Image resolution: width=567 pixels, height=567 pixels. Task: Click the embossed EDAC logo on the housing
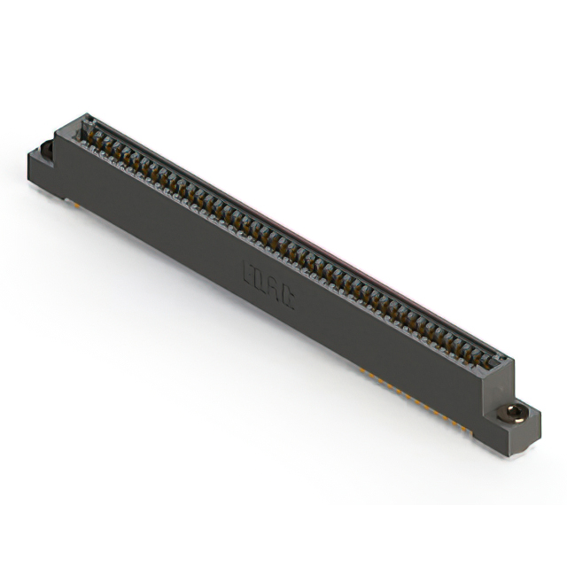[268, 285]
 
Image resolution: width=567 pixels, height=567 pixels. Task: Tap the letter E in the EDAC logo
[249, 271]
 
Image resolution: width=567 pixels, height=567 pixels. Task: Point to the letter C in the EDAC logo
[288, 299]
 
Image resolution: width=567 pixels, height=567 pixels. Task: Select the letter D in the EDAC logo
[261, 280]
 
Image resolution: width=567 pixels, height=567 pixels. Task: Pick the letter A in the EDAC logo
[275, 290]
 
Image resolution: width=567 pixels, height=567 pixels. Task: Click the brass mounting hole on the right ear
[513, 412]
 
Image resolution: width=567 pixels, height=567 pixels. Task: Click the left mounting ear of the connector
[44, 168]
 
